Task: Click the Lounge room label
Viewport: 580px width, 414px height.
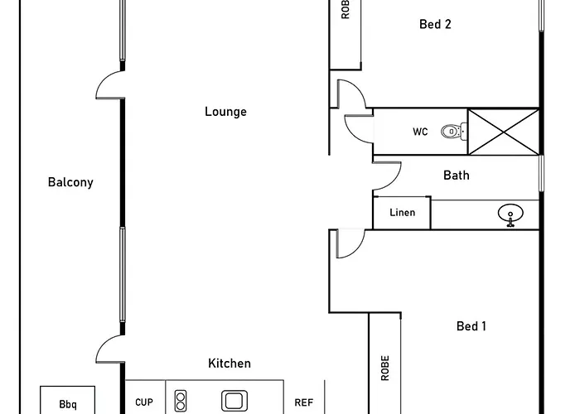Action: coord(225,112)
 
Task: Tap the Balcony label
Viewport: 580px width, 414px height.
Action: coord(70,182)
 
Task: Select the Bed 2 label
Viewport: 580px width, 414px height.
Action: coord(435,24)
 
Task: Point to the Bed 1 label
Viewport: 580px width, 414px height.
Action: coord(471,326)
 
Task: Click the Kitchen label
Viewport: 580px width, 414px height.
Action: coord(230,363)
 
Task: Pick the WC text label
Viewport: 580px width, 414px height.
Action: coord(420,132)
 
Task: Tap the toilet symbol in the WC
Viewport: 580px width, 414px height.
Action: coord(454,131)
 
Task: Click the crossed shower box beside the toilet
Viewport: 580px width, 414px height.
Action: coord(504,132)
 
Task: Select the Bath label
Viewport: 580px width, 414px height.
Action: coord(457,176)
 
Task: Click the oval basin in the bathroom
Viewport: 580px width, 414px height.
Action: coord(510,214)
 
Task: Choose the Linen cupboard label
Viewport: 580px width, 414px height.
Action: coord(403,213)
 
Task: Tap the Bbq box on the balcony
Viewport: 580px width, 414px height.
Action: coord(68,400)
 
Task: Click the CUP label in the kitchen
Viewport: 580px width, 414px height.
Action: coord(144,402)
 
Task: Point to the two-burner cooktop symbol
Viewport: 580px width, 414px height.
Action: coord(181,401)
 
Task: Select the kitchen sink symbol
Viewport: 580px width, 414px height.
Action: coord(234,401)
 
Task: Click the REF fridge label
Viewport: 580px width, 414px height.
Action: coord(304,402)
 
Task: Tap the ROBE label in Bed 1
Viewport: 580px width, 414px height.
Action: coord(385,368)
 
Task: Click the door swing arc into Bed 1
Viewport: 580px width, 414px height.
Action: coord(357,248)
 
